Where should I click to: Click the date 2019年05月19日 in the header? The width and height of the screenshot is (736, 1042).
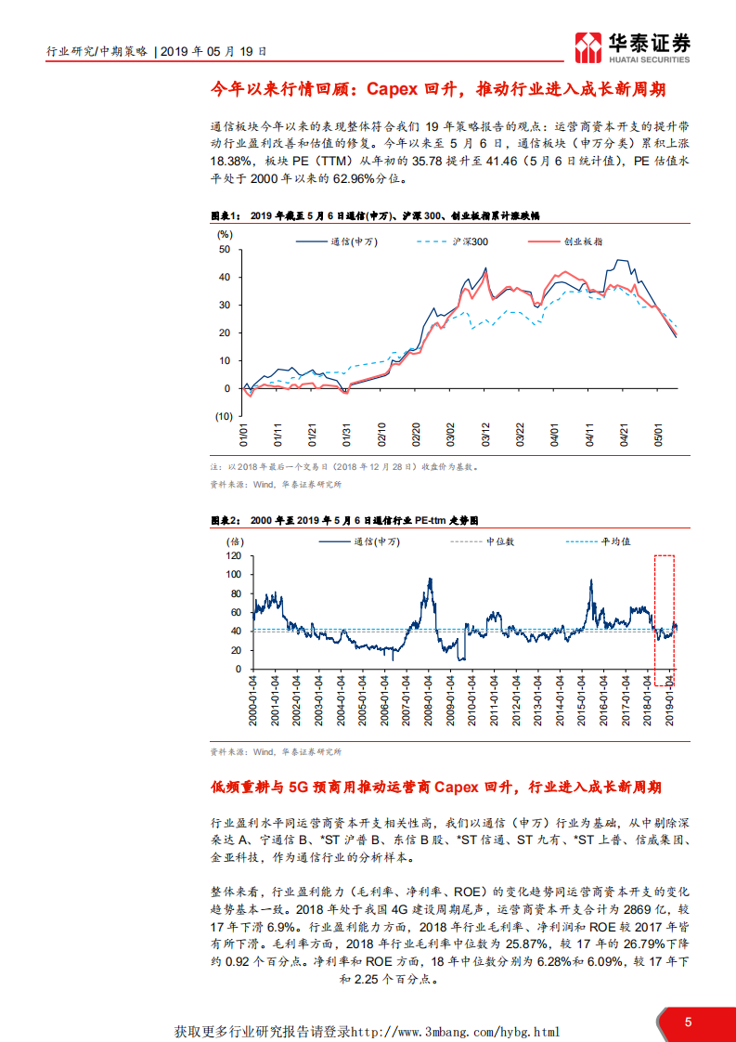click(213, 53)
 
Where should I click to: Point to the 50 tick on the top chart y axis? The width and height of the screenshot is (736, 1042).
click(225, 249)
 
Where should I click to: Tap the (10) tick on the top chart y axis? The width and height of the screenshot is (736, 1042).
click(223, 416)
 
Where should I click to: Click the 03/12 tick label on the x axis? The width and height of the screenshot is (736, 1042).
click(484, 436)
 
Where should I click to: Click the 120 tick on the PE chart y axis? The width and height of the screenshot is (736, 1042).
click(233, 555)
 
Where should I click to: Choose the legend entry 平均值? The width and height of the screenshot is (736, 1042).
click(615, 541)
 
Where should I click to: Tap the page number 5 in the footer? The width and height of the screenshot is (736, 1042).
click(688, 1022)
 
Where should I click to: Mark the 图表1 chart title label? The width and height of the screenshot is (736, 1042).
click(226, 215)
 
